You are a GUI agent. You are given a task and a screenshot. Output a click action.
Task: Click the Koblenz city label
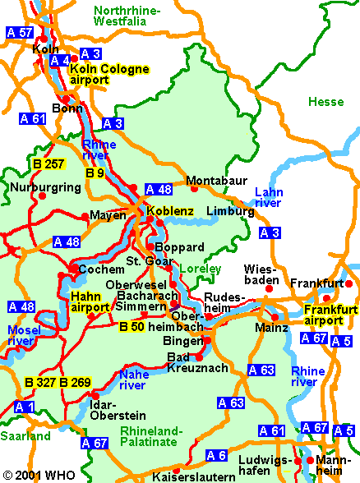click(x=170, y=211)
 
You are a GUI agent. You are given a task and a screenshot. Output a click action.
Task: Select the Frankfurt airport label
click(x=331, y=315)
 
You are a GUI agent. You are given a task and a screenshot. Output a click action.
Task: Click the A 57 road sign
click(x=20, y=33)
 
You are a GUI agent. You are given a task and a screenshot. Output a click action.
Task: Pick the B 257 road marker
click(x=48, y=164)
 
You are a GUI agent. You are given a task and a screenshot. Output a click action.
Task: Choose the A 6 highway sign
click(x=216, y=455)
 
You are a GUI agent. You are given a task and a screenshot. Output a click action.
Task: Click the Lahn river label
click(x=268, y=197)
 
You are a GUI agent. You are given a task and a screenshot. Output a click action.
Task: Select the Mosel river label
click(x=21, y=334)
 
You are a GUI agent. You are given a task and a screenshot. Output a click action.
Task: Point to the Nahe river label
click(x=133, y=379)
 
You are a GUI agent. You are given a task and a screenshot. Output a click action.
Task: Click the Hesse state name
click(x=326, y=102)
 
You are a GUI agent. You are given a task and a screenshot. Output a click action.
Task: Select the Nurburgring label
click(x=45, y=187)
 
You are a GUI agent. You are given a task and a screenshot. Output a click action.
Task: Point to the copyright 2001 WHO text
click(x=38, y=476)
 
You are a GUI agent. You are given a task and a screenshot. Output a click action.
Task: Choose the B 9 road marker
click(x=95, y=173)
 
